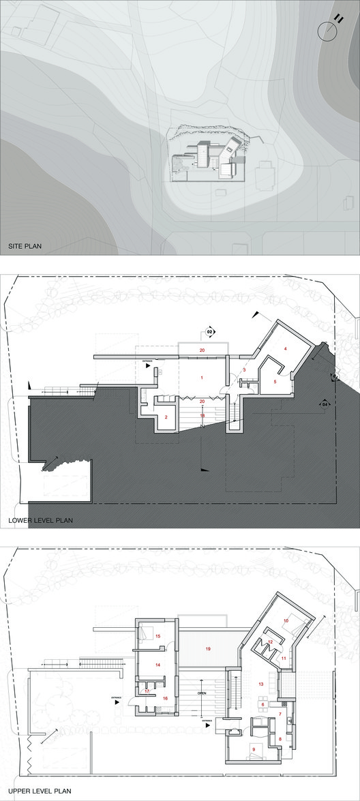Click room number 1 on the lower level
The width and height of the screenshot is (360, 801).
click(202, 377)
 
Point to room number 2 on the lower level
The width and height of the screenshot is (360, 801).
click(166, 417)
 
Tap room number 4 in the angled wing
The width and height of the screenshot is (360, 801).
click(285, 348)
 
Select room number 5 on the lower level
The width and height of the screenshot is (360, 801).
click(275, 382)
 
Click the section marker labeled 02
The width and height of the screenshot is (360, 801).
click(210, 333)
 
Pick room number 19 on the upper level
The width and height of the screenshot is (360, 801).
click(207, 649)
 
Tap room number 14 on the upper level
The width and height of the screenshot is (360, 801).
click(157, 664)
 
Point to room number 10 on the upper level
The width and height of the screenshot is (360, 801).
click(286, 620)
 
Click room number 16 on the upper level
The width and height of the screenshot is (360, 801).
click(166, 699)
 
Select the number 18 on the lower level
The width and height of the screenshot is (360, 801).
click(202, 415)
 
